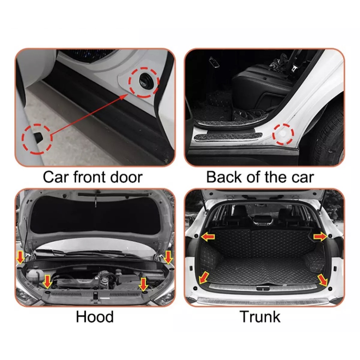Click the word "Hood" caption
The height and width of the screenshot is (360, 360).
(x=95, y=317)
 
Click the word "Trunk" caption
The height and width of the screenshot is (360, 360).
(x=260, y=317)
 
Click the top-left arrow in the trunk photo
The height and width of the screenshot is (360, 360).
(x=208, y=237)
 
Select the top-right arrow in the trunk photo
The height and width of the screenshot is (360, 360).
(x=320, y=237)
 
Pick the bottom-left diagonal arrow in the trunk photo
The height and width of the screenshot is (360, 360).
(x=204, y=277)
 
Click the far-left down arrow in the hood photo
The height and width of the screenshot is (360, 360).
(x=21, y=257)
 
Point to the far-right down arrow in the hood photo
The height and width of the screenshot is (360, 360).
(x=168, y=257)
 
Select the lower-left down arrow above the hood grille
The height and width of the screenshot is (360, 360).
(x=47, y=282)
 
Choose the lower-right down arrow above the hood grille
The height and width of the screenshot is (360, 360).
(x=143, y=284)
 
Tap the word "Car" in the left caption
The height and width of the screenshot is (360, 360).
(x=56, y=177)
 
